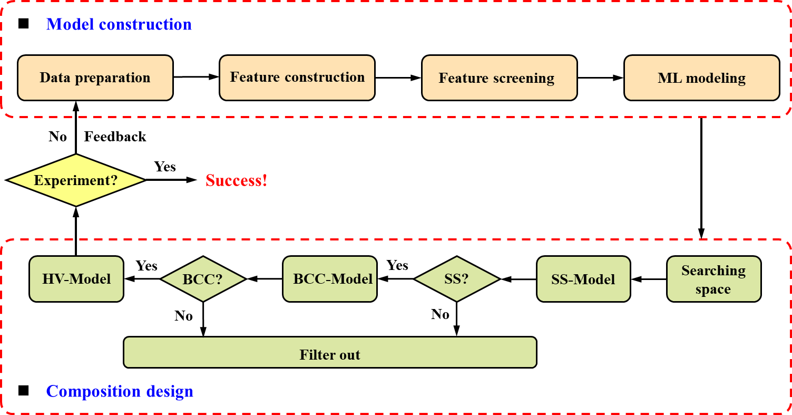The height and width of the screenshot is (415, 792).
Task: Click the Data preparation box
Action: coord(95,78)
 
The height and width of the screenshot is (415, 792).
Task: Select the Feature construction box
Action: coord(297,78)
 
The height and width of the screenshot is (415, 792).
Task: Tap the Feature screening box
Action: coord(499,78)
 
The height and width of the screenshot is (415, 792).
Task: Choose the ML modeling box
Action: coord(701,78)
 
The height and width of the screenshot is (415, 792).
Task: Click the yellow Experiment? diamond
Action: coord(76,180)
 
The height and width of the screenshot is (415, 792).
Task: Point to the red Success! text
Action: coord(237,181)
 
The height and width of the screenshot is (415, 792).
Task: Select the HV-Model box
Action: coord(76,279)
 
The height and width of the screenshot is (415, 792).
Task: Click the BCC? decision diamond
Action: coord(203,279)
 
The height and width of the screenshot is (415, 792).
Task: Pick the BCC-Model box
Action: coord(330,279)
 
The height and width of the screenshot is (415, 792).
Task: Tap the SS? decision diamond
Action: coord(456,279)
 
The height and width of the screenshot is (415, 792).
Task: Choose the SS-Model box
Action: coord(583,279)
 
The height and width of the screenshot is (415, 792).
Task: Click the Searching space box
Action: coord(713,279)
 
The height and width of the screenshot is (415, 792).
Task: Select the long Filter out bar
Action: coord(330,352)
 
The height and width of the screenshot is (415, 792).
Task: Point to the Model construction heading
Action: coord(119,25)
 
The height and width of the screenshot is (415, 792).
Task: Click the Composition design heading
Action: coord(120,391)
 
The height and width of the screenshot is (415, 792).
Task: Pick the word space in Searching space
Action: coord(713,289)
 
